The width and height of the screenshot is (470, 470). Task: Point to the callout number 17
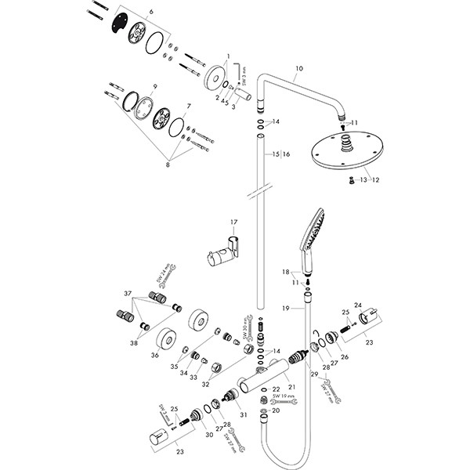(x=233, y=222)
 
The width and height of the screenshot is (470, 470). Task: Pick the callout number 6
(x=151, y=10)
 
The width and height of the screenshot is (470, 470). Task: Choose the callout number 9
(x=155, y=86)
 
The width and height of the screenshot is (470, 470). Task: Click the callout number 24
(x=359, y=305)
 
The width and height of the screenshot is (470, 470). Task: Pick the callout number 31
(x=243, y=415)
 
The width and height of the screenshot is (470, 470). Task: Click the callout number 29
(x=314, y=376)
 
